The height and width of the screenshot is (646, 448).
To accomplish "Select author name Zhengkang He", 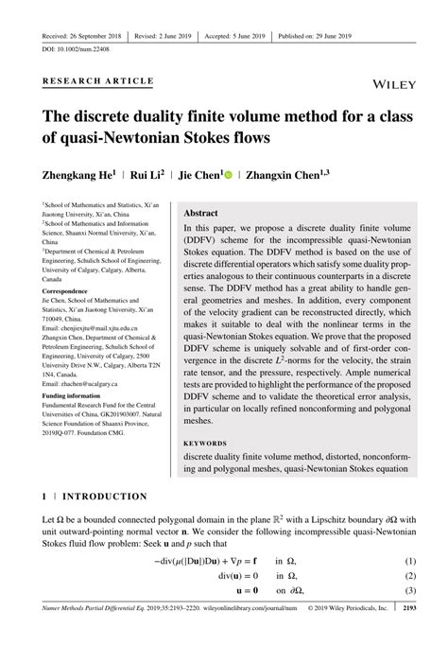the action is [74, 175].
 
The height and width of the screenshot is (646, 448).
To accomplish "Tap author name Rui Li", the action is [148, 175].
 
